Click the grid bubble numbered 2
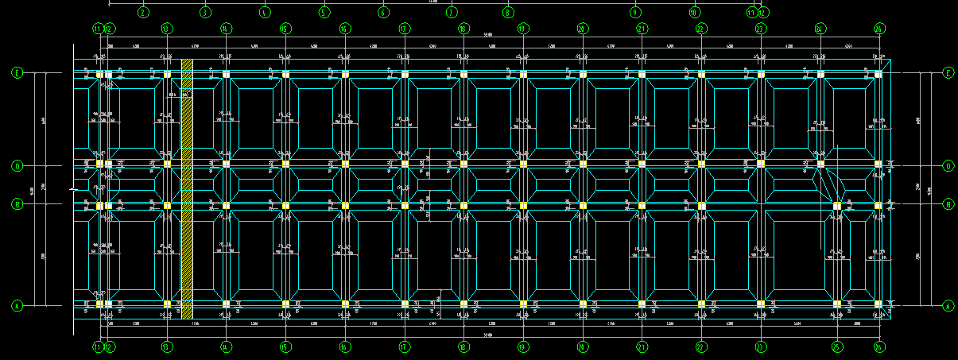143,13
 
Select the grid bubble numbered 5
324,13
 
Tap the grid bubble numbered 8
508,13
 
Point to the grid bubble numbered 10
694,13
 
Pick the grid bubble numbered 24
820,29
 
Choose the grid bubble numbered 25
836,346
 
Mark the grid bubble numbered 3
204,13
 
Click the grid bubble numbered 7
452,13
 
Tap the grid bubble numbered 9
635,13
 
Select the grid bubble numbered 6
383,13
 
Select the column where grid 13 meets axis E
167,75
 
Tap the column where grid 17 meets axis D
405,165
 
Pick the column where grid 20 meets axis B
583,206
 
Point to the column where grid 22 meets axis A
701,304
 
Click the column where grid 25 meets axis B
836,206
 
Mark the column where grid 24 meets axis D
820,165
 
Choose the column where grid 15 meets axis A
285,304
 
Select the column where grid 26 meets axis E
878,75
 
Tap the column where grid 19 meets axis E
523,75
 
